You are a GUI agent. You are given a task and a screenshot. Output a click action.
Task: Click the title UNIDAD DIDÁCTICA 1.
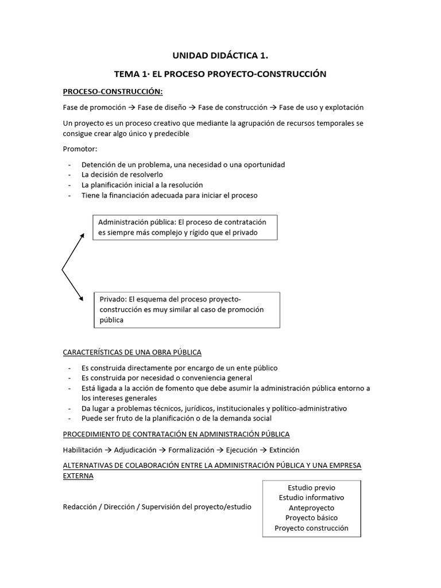tap(220, 56)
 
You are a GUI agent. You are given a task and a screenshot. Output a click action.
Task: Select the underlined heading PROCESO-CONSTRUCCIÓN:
tap(113, 91)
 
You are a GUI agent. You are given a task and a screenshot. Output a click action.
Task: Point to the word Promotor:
tap(80, 149)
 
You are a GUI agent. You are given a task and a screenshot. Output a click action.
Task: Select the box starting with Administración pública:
tap(185, 227)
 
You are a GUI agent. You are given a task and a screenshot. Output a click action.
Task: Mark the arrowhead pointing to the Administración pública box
tap(82, 235)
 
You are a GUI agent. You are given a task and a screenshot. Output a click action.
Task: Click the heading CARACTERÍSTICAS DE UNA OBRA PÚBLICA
tap(132, 351)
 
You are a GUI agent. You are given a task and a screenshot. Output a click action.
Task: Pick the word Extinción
tap(281, 450)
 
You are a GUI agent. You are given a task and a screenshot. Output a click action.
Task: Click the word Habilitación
tap(83, 450)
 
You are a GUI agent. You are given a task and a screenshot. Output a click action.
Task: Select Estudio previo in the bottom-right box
tap(311, 488)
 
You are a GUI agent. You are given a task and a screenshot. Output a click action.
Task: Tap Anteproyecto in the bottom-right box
tap(311, 508)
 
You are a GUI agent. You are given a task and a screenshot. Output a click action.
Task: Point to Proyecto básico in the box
tap(311, 518)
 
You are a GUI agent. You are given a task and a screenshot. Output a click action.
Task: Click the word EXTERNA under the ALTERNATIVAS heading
tap(78, 476)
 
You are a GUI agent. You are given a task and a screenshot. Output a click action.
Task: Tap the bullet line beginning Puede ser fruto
tap(161, 418)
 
